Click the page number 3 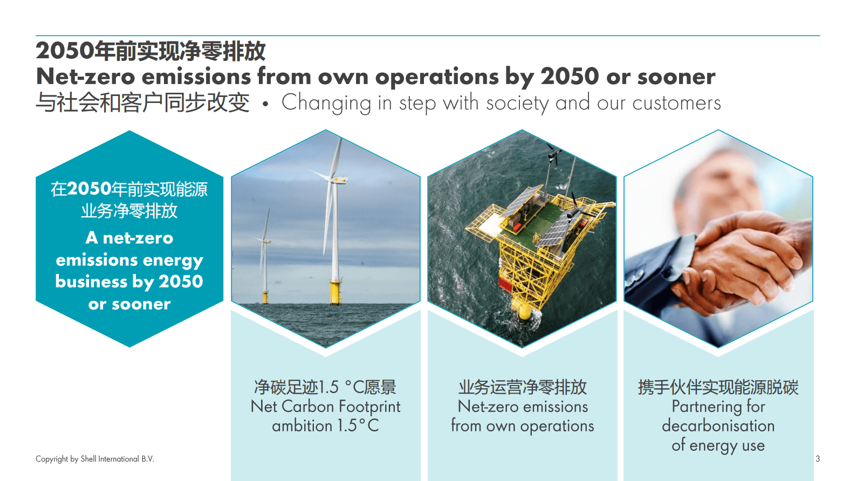click(x=817, y=459)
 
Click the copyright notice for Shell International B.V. click(x=95, y=459)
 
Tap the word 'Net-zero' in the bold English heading click(x=86, y=77)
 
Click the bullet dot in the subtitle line click(x=265, y=104)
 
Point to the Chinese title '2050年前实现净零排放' click(x=150, y=51)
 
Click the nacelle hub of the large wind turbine click(x=336, y=179)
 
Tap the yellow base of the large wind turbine click(x=335, y=292)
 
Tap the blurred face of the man click(x=718, y=183)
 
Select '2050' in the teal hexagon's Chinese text click(x=89, y=189)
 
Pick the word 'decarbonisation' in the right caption click(x=718, y=425)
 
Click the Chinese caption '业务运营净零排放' click(x=522, y=387)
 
